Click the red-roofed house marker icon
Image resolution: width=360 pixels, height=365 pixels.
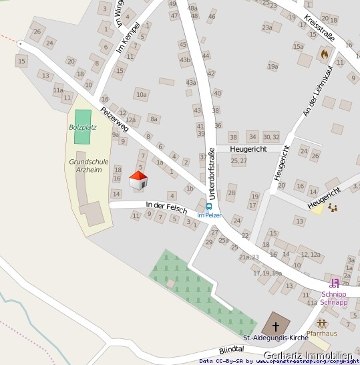pyautogui.click(x=138, y=179)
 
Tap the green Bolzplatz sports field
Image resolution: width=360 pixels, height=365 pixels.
pyautogui.click(x=82, y=126)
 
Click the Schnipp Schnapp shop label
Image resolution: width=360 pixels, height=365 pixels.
pyautogui.click(x=334, y=298)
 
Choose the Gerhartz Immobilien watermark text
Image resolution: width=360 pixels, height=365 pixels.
pyautogui.click(x=308, y=355)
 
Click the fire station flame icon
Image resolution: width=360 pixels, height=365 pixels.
pyautogui.click(x=325, y=52)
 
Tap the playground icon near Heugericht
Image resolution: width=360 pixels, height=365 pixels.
pyautogui.click(x=332, y=207)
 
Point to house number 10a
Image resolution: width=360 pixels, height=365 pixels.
pyautogui.click(x=141, y=95)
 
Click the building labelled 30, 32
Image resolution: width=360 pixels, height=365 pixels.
pyautogui.click(x=271, y=136)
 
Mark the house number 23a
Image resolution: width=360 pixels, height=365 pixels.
pyautogui.click(x=267, y=27)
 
